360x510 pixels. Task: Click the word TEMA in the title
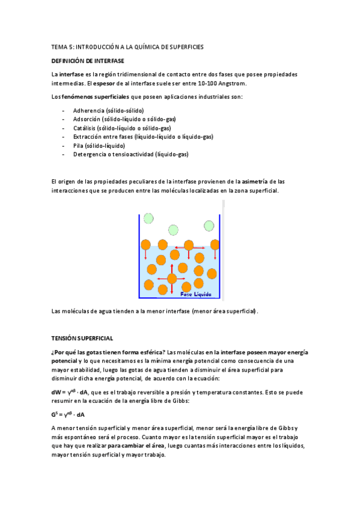tap(59, 46)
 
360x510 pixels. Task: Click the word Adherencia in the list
tap(88, 111)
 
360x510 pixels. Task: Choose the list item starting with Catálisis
tap(121, 128)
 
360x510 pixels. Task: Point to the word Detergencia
tap(90, 154)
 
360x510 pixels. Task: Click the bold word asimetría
tap(259, 181)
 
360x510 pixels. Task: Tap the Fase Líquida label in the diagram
tap(196, 293)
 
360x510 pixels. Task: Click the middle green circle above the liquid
tap(174, 229)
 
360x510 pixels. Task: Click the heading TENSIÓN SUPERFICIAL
tap(82, 339)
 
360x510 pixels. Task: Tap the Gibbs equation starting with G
tap(67, 414)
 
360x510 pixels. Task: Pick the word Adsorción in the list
tap(87, 119)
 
